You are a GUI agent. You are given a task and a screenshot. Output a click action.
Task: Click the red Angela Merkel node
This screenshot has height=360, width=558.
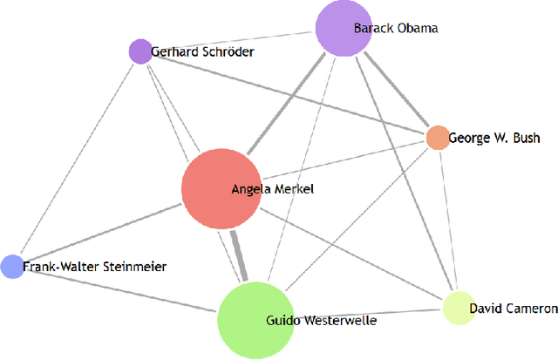tap(209, 189)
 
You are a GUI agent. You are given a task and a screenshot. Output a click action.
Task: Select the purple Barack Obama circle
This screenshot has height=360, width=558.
tap(337, 29)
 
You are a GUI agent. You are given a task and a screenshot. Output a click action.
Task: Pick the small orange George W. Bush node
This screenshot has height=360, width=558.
tap(437, 137)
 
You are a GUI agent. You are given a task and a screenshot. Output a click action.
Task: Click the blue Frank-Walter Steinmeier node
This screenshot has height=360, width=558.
tap(11, 266)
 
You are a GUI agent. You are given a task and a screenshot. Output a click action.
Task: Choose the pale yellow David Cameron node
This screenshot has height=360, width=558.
tap(458, 308)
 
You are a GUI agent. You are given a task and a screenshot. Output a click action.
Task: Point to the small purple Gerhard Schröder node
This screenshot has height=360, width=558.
tap(139, 51)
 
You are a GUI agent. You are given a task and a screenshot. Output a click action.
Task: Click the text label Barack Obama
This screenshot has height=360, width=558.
tap(395, 28)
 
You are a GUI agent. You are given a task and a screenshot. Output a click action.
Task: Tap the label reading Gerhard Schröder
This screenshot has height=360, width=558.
tap(202, 52)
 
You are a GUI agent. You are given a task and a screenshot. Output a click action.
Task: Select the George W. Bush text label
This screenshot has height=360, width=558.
tap(494, 138)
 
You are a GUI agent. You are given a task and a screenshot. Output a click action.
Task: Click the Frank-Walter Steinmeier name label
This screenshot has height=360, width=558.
tap(94, 266)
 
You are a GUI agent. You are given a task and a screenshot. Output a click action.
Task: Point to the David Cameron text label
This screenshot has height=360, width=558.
tap(513, 308)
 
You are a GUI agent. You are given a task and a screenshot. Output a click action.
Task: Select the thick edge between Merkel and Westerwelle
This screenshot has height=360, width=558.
tap(240, 257)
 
